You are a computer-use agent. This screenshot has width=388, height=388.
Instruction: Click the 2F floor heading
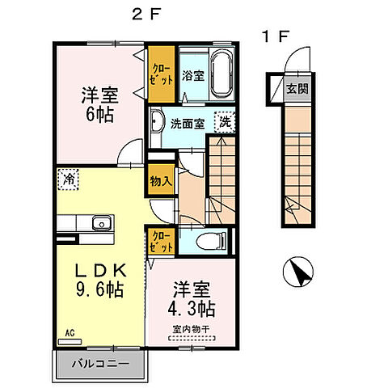point(144,14)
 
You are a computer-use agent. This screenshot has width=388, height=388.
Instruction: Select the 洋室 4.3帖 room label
point(191,299)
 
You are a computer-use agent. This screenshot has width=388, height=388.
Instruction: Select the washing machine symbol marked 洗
point(223,123)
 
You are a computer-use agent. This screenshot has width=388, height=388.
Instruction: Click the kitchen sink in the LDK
point(102,224)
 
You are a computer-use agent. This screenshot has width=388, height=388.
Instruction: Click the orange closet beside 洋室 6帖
point(159,75)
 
